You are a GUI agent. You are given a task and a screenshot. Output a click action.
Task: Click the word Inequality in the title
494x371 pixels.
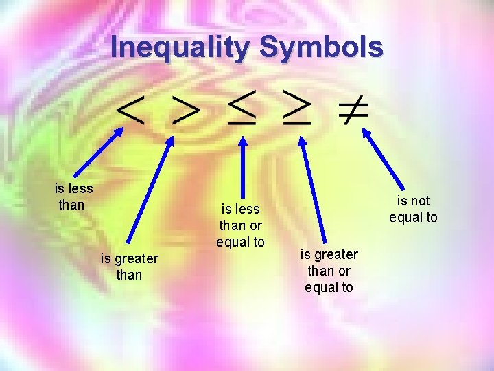coord(180,47)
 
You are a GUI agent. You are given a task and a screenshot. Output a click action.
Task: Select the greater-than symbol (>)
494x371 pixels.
coord(185,111)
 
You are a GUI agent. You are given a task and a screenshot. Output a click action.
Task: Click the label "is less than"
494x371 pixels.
coord(73,196)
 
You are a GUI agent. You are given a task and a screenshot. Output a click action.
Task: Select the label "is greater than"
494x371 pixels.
coord(129,267)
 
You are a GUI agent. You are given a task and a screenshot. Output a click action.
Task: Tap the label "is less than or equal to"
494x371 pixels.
coord(240,225)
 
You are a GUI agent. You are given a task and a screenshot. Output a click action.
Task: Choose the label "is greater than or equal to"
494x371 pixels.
coord(329,271)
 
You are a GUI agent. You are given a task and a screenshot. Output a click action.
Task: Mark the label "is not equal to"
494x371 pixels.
coord(413,209)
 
